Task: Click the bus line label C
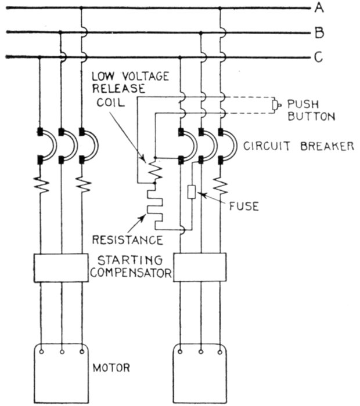(x=319, y=57)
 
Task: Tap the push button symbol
(x=276, y=105)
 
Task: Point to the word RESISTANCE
(x=129, y=239)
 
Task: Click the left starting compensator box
(x=60, y=267)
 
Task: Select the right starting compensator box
(x=200, y=267)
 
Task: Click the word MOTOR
(x=112, y=368)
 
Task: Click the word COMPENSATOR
(x=133, y=271)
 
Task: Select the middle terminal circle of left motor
(x=61, y=351)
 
